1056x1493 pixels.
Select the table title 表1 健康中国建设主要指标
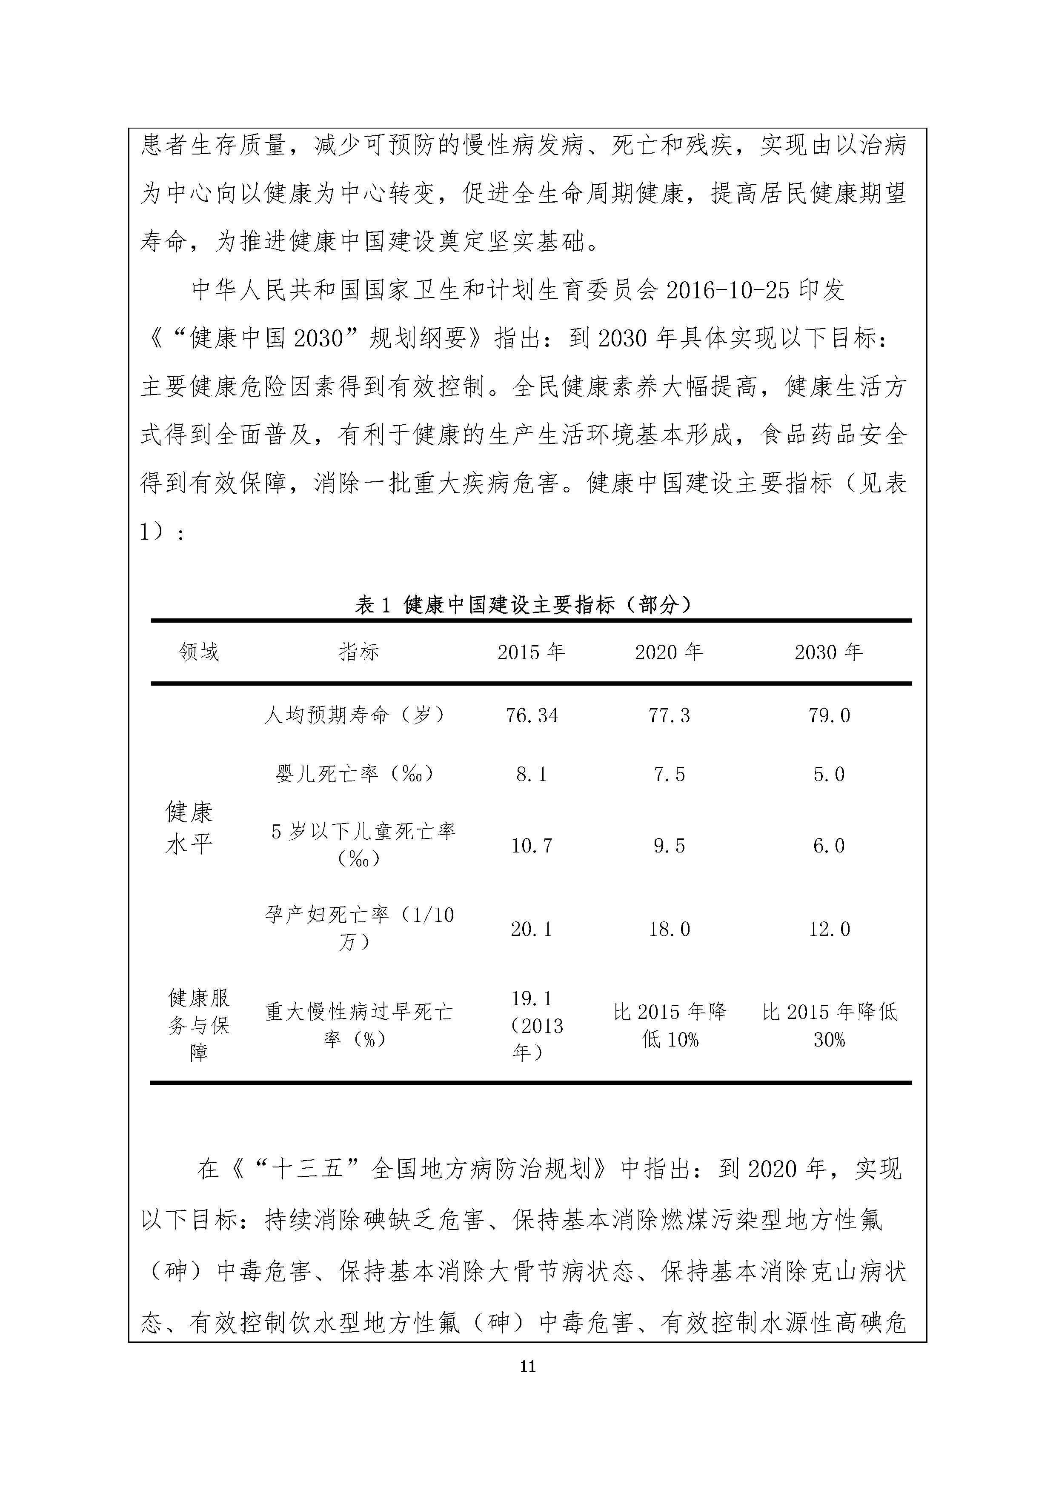(524, 605)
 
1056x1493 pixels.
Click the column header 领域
(199, 652)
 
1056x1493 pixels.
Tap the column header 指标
(359, 652)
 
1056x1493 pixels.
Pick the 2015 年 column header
(531, 652)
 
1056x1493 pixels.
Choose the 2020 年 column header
(669, 652)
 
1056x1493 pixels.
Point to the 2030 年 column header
(828, 652)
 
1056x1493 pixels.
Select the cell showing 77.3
(669, 716)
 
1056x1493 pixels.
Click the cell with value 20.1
(531, 929)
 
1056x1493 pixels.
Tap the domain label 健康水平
(189, 829)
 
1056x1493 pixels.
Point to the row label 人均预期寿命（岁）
(355, 715)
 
